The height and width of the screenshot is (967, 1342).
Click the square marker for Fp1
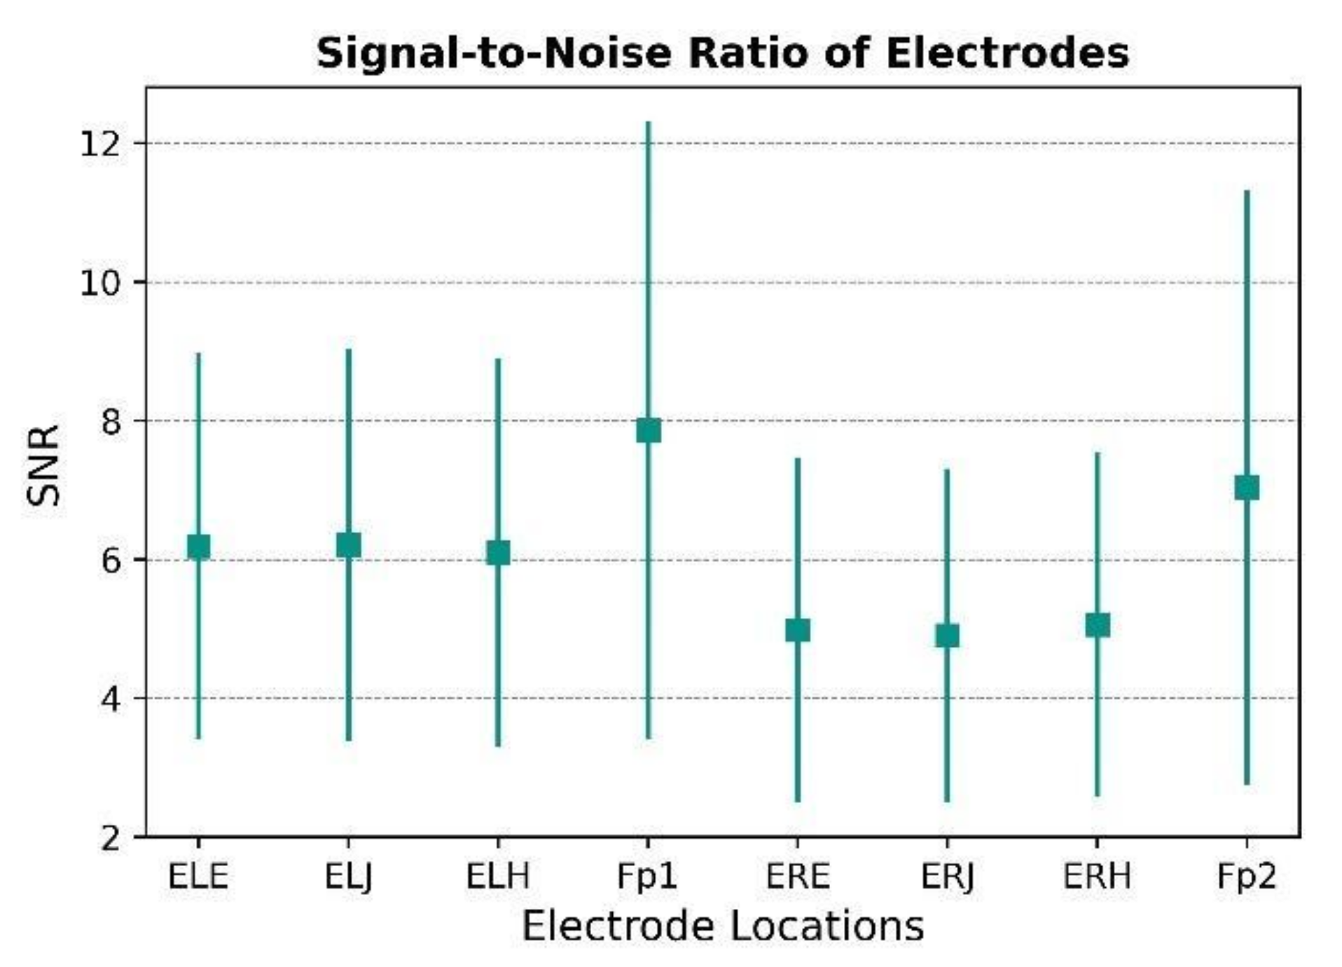(648, 430)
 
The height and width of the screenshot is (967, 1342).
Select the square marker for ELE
(198, 547)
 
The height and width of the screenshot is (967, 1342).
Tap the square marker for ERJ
(947, 636)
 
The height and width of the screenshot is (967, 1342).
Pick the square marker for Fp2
(1246, 487)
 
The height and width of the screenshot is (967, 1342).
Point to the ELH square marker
(498, 553)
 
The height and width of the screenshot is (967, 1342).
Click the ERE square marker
(797, 630)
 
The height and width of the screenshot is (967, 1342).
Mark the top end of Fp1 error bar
(648, 123)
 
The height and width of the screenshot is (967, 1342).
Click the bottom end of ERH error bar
(1097, 795)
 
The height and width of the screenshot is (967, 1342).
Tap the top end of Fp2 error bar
(1246, 191)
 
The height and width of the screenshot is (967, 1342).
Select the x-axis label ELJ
(348, 877)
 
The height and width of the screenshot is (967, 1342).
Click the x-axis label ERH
(1097, 877)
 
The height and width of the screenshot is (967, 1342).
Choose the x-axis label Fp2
(1246, 877)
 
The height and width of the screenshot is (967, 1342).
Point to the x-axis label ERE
(797, 877)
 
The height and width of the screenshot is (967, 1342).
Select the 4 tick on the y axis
(111, 699)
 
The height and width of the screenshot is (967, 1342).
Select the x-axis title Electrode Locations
(722, 926)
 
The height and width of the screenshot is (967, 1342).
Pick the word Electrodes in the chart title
(1007, 53)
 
